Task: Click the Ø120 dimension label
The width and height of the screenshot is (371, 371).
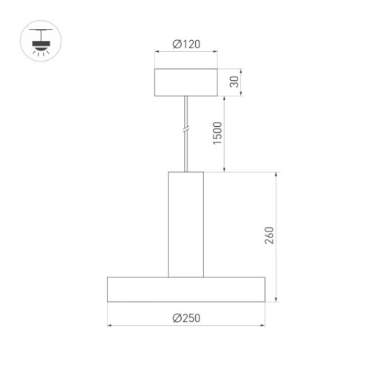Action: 185,45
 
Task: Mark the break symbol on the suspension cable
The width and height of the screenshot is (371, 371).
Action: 185,131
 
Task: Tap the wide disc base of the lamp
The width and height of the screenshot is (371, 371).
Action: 185,289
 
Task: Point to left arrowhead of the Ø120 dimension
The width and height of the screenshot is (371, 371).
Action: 157,52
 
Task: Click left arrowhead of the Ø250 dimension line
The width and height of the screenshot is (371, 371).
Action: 110,325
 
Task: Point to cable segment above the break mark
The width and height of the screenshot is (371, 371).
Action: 185,111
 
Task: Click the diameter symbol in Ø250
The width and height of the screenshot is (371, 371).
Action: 177,318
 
